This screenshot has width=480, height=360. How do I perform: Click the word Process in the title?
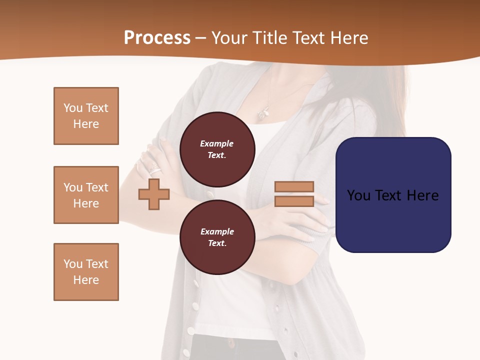(157, 38)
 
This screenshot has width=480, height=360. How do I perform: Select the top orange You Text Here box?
(86, 116)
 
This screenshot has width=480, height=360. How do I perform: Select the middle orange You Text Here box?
(86, 195)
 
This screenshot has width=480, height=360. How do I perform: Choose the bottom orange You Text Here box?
(86, 272)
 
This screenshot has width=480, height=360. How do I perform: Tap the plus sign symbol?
(154, 194)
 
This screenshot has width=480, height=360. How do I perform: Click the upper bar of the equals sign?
(294, 187)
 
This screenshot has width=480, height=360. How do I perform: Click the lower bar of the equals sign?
(294, 201)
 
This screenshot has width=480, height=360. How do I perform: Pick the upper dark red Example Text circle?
(217, 149)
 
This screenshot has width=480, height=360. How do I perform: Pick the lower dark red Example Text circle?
(217, 237)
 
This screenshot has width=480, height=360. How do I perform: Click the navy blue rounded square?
(393, 195)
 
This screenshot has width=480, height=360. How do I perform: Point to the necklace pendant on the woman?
(263, 114)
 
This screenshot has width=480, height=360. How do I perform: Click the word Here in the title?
(348, 38)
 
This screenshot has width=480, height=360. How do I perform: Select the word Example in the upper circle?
(217, 143)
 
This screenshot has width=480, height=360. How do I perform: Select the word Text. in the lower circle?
(217, 243)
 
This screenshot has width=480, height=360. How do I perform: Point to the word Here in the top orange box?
(86, 124)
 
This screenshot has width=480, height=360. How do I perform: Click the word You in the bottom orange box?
(72, 264)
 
